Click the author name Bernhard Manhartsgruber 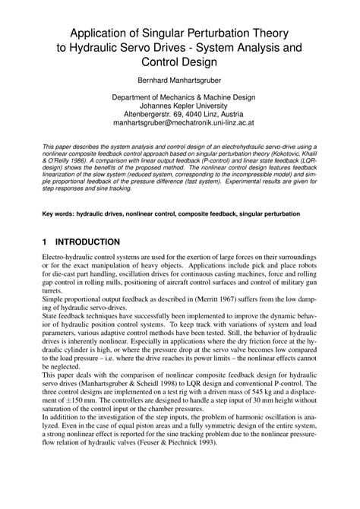coord(180,78)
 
